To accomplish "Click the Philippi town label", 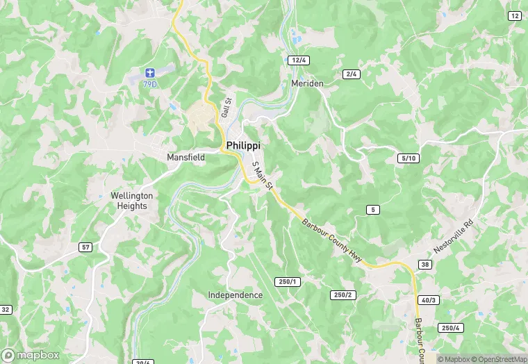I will [244, 145].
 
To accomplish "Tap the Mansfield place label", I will [185, 158].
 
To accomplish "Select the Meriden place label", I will [307, 83].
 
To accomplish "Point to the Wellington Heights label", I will [132, 201].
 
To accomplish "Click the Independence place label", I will [236, 295].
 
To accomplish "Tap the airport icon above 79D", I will [149, 72].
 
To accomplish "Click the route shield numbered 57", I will [85, 247].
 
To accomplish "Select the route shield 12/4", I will [299, 60].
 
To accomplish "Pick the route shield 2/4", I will [352, 74].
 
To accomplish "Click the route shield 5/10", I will [409, 158].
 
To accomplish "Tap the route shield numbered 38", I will [425, 264].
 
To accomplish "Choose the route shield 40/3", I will [429, 300].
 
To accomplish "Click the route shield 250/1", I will [287, 281].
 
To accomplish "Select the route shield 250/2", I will [343, 295].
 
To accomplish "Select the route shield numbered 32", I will [5, 309].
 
